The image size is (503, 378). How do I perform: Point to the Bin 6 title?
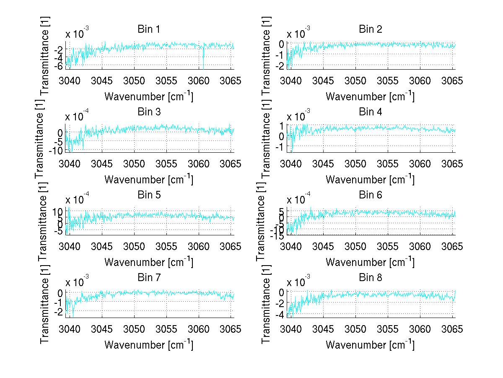[370, 195]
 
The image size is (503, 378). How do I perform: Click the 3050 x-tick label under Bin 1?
[135, 81]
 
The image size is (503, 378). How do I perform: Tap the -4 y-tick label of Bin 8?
[279, 315]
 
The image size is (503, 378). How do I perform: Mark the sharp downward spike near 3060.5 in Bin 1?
[203, 65]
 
